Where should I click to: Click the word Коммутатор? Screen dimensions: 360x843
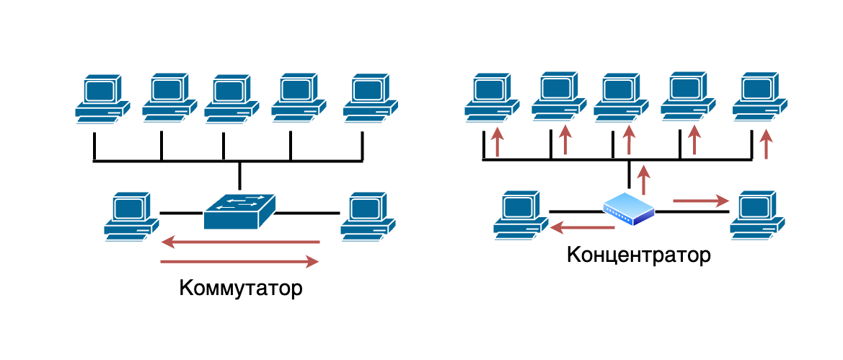240,289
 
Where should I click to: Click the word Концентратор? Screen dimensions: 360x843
639,255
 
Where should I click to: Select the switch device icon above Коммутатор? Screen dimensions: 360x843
239,211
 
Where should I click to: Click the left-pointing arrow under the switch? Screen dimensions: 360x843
240,242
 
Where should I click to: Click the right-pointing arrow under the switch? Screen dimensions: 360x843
240,261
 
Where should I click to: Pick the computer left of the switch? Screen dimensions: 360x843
131,216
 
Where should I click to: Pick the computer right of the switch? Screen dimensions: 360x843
368,216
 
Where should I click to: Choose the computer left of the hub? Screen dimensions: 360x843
520,214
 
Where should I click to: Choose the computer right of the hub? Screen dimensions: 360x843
756,214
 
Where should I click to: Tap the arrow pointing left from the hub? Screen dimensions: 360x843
582,228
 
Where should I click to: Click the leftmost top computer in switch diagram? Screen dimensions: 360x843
102,98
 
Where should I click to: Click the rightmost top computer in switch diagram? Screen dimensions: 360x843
370,98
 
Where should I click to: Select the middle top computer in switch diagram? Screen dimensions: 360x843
231,98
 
